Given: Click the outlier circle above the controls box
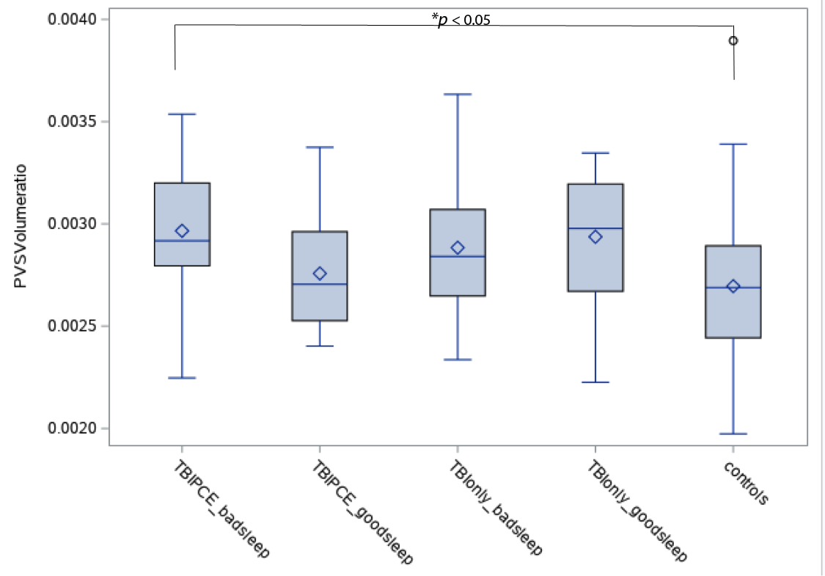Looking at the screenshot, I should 733,41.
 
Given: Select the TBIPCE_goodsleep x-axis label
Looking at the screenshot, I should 362,513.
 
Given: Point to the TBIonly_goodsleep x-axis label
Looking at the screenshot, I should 637,511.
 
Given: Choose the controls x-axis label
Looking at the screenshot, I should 745,483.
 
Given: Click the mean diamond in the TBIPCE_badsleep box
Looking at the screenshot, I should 182,231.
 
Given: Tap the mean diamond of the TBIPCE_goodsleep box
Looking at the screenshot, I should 320,274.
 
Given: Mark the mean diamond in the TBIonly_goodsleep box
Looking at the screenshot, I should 595,236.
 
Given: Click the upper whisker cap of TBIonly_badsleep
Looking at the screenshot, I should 458,95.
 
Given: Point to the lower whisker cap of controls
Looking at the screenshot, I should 733,434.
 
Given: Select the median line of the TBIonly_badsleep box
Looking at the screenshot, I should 458,256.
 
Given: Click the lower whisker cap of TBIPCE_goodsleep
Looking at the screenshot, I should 320,346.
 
